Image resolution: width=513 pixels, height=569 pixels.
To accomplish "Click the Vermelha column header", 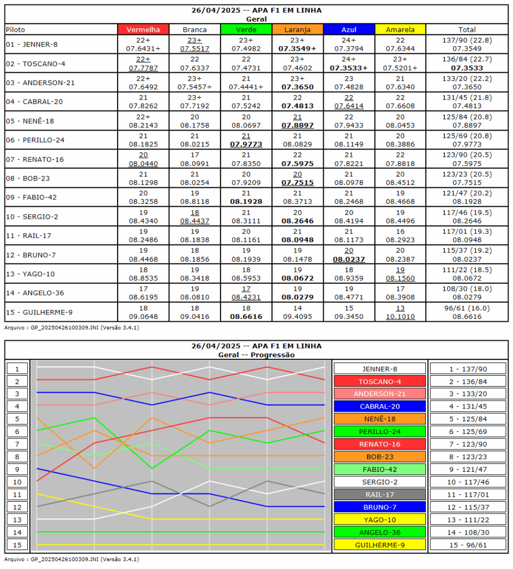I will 143,29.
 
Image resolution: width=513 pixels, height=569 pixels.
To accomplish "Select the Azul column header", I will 349,29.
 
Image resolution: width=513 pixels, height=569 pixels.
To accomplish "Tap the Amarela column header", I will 400,29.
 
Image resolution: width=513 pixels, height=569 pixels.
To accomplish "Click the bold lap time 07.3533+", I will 349,68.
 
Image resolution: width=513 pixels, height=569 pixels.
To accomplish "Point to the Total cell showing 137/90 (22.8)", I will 467,40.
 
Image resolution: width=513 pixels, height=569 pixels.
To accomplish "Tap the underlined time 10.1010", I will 400,316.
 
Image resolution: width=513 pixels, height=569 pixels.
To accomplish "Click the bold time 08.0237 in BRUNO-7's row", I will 349,258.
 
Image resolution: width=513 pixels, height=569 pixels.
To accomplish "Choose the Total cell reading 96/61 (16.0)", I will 467,308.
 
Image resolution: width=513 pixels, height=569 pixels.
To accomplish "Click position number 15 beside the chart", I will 17,545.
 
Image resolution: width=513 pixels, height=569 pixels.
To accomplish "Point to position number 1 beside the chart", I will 17,369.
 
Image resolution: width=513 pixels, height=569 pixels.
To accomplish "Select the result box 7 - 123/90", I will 468,444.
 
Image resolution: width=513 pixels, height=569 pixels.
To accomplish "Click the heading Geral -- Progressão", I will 256,355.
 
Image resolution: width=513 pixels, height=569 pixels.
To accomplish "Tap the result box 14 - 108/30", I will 468,532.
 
